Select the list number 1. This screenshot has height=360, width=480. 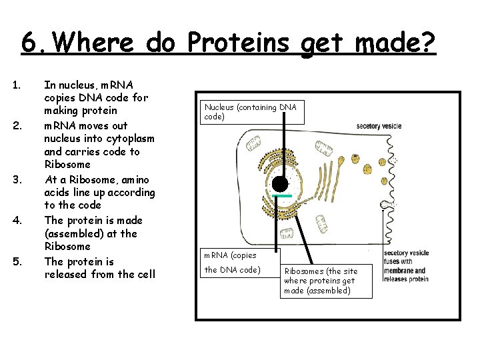(17, 85)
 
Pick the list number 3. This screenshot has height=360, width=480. (17, 180)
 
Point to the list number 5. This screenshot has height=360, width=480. (17, 262)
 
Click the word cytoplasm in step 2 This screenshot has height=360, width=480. (132, 139)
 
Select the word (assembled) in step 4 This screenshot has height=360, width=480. (73, 234)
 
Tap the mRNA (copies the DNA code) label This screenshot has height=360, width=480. (237, 262)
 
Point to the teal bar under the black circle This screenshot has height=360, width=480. (282, 196)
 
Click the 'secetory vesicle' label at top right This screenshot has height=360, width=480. (379, 125)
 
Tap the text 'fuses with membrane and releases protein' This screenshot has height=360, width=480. (406, 269)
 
